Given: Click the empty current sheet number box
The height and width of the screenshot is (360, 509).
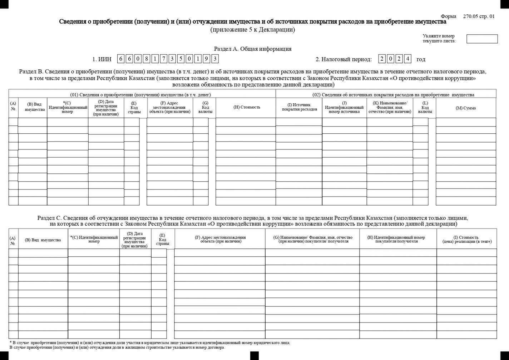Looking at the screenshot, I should (x=482, y=39).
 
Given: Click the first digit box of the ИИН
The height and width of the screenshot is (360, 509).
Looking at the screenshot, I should (x=121, y=59).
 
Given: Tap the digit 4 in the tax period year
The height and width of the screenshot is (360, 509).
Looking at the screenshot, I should (x=407, y=59).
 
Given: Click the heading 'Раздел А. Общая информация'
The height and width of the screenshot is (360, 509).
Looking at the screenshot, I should (x=252, y=49).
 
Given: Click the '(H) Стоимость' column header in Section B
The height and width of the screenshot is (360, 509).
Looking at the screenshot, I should (x=247, y=107).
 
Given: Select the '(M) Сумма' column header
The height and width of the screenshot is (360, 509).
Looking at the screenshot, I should (x=465, y=108).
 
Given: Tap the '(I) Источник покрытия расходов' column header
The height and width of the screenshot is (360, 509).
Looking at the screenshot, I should (x=299, y=107).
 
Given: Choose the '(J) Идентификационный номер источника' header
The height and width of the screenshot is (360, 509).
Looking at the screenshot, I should (x=344, y=107).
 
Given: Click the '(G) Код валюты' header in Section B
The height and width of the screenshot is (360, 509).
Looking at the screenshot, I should (x=205, y=107).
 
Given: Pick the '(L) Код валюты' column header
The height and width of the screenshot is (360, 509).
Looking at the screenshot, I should (x=425, y=107).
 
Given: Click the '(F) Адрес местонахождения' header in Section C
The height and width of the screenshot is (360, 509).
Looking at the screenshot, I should (x=220, y=239).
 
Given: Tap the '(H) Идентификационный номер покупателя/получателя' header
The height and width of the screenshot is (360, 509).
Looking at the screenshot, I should (x=398, y=239).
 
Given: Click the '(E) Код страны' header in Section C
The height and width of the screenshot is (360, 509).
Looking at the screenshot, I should (x=163, y=239).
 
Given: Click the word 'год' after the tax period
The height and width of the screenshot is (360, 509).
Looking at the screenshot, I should (x=421, y=59).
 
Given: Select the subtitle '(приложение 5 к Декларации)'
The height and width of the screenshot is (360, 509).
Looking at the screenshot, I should (x=252, y=30).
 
